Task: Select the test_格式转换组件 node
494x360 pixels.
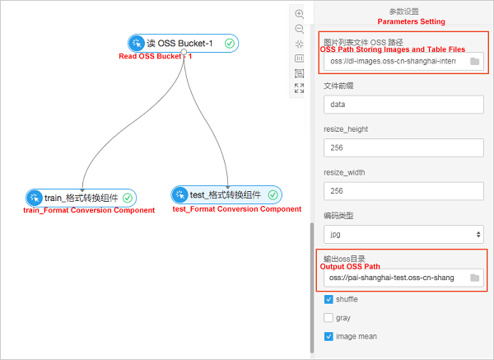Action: pos(226,194)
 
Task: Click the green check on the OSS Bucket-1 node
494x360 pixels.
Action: pos(230,44)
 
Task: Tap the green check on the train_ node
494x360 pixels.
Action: pos(127,198)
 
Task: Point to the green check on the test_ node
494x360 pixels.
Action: pos(273,194)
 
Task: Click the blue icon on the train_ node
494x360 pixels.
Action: pos(35,198)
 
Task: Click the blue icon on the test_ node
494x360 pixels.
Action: pos(180,194)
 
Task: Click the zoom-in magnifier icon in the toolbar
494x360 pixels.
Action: pos(300,14)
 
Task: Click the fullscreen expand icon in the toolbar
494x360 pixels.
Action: pos(300,88)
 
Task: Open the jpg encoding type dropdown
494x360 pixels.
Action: pos(403,234)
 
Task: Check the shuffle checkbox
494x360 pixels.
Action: pos(329,299)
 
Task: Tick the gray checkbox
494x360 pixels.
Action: pos(329,317)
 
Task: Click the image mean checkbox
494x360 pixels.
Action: pos(329,336)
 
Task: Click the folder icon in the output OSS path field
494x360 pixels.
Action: pos(474,278)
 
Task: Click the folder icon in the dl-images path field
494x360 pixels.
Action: pos(474,62)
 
